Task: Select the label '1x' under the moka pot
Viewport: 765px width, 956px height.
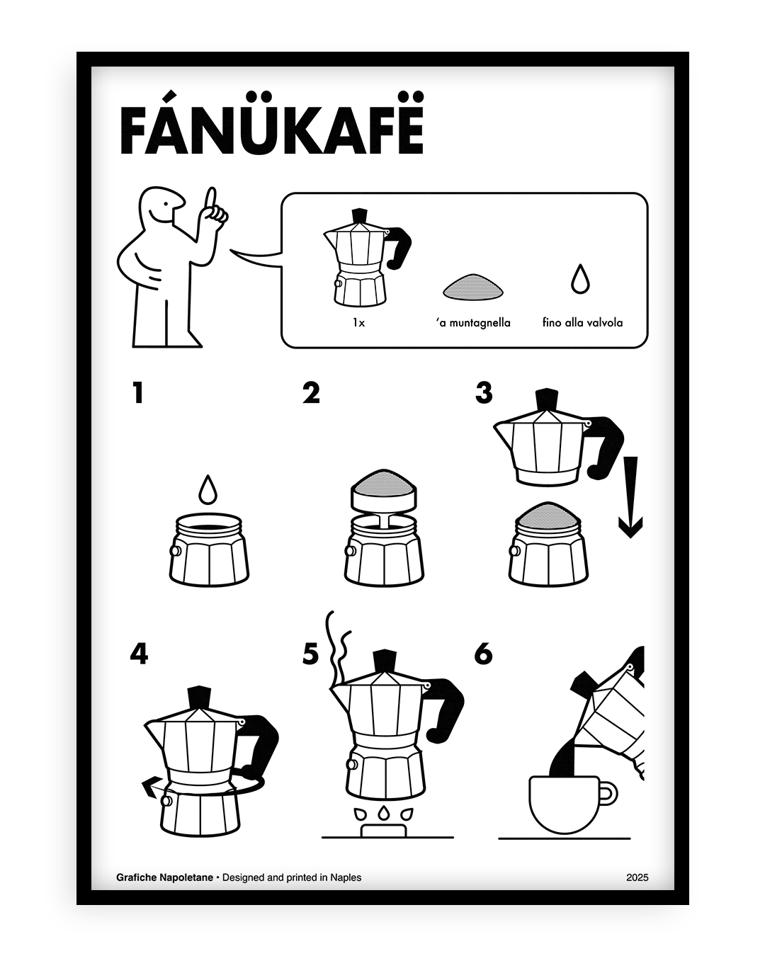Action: coord(358,323)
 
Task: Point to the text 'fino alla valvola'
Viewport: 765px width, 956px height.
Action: coord(582,323)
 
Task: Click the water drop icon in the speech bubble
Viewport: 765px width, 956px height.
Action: coord(580,280)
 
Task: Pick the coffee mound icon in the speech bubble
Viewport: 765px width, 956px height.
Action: coord(473,286)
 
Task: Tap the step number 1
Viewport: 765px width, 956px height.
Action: coord(138,392)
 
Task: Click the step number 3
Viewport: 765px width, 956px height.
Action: coord(484,392)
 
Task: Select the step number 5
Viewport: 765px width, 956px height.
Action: coord(310,654)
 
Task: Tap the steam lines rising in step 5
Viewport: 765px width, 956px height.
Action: coord(336,644)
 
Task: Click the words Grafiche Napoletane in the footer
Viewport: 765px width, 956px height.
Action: coord(164,877)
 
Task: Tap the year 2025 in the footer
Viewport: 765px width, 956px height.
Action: coord(637,877)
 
